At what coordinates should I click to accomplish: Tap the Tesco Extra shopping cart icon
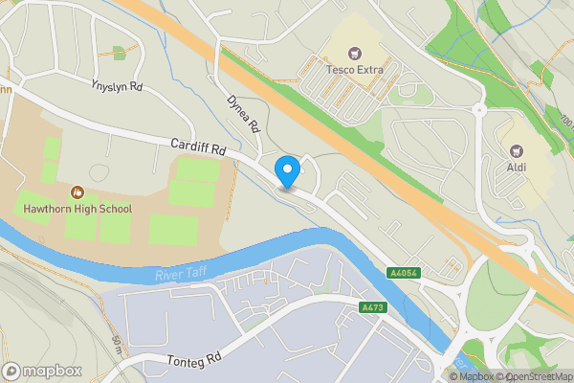point(357,53)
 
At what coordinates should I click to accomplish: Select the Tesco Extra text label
point(357,70)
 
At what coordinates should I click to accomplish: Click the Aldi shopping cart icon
point(517,150)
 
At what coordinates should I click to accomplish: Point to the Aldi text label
point(517,168)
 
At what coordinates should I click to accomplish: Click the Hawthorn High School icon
point(76,191)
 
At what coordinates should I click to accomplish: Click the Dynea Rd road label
point(244,114)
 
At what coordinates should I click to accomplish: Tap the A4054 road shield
point(402,273)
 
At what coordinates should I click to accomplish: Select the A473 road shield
point(373,307)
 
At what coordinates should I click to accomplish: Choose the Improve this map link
point(568,377)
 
